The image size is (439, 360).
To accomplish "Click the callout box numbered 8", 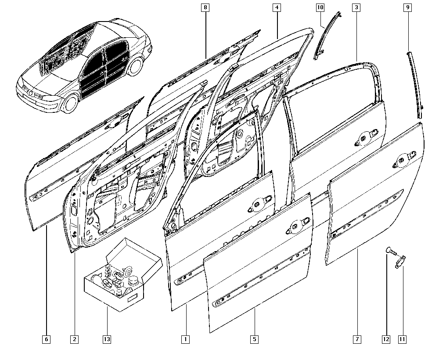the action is [x=205, y=7].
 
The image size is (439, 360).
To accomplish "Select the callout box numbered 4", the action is [x=277, y=7].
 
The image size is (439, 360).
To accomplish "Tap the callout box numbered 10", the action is [x=320, y=7].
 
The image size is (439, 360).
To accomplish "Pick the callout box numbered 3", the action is [x=356, y=7].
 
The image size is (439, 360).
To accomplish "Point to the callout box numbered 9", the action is [x=408, y=7].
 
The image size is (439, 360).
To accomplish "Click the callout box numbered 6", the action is [x=46, y=339].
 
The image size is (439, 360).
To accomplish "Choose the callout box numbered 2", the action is [x=75, y=339].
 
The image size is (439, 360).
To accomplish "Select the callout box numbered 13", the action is [x=107, y=339].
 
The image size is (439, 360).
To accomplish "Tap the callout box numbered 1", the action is [x=185, y=339].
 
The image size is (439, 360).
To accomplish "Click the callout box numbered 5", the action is [x=254, y=339].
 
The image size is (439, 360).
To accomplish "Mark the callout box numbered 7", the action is [x=357, y=339].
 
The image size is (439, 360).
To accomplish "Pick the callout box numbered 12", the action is [x=386, y=339].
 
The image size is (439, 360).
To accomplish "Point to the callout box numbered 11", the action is [x=402, y=339].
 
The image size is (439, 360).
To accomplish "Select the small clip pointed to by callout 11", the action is [x=400, y=261].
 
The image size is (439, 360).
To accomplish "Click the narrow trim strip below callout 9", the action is [x=415, y=84].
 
